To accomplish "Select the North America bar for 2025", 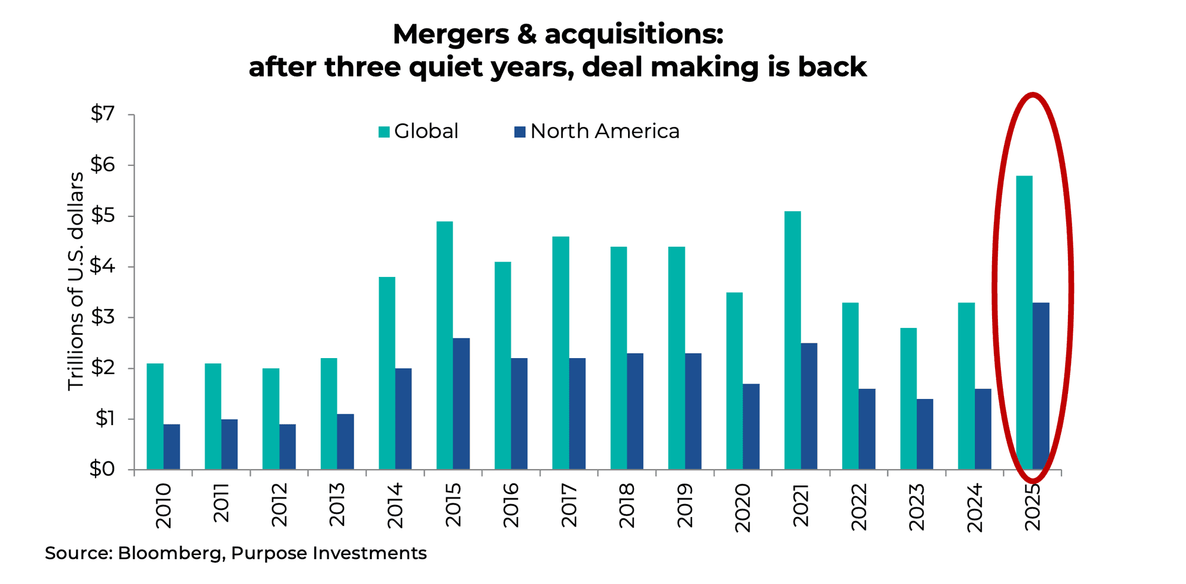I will coord(1041,386).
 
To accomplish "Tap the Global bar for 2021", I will coord(792,340).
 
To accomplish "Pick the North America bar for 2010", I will coord(171,447).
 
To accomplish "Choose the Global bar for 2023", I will coord(908,398).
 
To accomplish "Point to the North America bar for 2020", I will coord(751,427).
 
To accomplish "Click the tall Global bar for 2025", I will coord(1024,323).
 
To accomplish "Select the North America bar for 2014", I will coord(403,419).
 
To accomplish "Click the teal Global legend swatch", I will coord(384,132).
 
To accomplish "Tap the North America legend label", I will coord(604,131).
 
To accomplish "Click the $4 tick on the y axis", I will coord(102,266).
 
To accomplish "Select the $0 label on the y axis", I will coord(102,469).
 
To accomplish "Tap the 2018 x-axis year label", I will coord(627,505).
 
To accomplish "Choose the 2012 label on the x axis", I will coord(279,505).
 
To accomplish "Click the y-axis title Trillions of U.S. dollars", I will coord(75,281).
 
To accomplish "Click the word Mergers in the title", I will coord(451,34).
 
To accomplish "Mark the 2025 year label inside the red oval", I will coord(1032,508).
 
